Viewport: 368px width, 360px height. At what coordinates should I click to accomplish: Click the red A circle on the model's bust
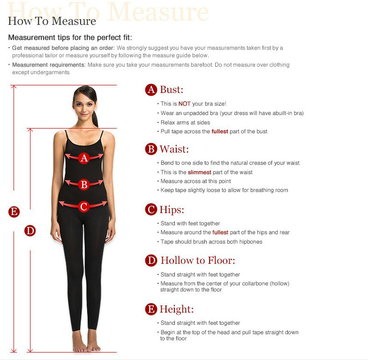[x=84, y=158]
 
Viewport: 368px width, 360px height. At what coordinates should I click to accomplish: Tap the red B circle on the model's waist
[x=84, y=184]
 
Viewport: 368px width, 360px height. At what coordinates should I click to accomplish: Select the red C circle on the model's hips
[x=84, y=207]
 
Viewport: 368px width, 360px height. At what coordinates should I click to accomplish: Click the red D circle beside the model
[x=30, y=231]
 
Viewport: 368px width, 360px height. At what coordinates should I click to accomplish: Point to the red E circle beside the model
[x=14, y=212]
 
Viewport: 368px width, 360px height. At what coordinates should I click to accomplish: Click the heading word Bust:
[x=172, y=90]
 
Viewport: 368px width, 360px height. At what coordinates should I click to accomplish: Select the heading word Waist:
[x=174, y=149]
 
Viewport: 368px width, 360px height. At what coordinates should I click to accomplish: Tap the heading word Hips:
[x=172, y=210]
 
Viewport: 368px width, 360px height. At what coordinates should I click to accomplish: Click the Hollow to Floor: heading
[x=198, y=260]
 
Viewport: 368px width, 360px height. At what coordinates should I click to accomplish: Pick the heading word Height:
[x=177, y=309]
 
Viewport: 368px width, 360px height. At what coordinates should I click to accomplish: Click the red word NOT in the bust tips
[x=185, y=104]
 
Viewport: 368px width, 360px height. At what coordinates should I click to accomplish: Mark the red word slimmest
[x=200, y=172]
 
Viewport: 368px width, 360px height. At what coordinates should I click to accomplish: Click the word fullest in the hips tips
[x=220, y=232]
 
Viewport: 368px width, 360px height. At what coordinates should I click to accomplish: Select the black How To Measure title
[x=52, y=21]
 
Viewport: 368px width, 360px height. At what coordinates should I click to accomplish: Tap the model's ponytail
[x=95, y=119]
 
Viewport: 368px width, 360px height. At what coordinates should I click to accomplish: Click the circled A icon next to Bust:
[x=151, y=90]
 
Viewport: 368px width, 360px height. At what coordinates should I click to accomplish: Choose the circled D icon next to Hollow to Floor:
[x=151, y=260]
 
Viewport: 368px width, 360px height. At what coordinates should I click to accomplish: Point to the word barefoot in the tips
[x=202, y=65]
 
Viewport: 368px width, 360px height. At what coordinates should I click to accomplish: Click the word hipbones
[x=251, y=242]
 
